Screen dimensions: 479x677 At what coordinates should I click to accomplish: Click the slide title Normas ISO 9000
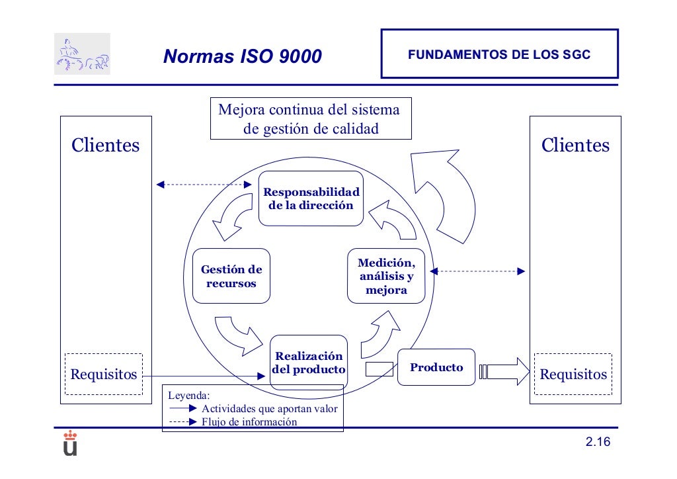pyautogui.click(x=242, y=57)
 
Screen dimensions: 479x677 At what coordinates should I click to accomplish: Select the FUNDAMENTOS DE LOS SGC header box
pyautogui.click(x=499, y=54)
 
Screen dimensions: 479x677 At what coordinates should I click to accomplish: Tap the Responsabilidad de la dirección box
pyautogui.click(x=311, y=198)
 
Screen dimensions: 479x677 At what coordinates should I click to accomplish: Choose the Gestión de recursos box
pyautogui.click(x=231, y=277)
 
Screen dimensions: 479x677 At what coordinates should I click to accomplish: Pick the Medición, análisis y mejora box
pyautogui.click(x=387, y=277)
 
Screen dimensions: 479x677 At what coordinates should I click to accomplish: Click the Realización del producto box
pyautogui.click(x=309, y=363)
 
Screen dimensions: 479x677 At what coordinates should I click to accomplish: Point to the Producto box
pyautogui.click(x=436, y=367)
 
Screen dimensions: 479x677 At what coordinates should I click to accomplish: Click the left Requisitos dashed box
pyautogui.click(x=104, y=374)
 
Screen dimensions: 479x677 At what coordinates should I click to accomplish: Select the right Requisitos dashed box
pyautogui.click(x=573, y=374)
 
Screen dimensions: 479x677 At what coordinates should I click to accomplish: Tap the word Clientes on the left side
pyautogui.click(x=106, y=145)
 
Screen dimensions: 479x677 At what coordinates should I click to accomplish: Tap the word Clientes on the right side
pyautogui.click(x=576, y=145)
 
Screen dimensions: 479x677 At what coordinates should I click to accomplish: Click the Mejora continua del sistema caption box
pyautogui.click(x=311, y=118)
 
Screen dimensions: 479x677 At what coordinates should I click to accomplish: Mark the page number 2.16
pyautogui.click(x=597, y=443)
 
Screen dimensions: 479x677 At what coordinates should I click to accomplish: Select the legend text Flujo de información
pyautogui.click(x=249, y=422)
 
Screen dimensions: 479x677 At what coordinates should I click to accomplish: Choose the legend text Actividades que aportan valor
pyautogui.click(x=269, y=409)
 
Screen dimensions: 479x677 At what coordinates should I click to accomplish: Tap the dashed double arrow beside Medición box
pyautogui.click(x=478, y=271)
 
